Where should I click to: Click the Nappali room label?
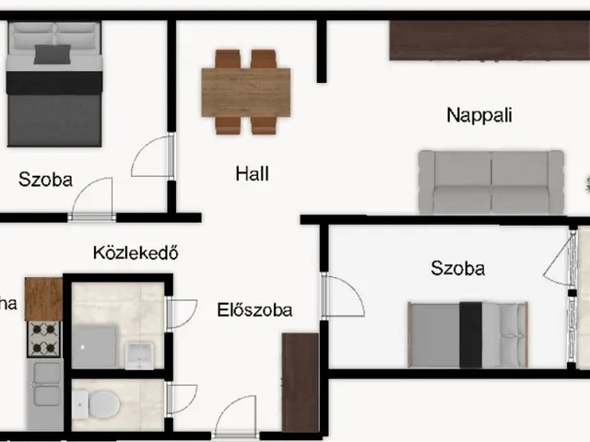click(478, 115)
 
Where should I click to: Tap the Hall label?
click(252, 173)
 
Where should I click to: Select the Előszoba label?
click(254, 309)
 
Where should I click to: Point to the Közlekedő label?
click(135, 252)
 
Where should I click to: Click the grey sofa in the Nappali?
click(490, 181)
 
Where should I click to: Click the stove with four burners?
click(43, 338)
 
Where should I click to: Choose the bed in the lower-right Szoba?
click(468, 333)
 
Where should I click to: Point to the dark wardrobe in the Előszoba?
click(300, 381)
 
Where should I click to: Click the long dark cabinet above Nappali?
click(489, 40)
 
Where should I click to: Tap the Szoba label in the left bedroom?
click(45, 179)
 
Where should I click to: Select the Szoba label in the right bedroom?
click(458, 269)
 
